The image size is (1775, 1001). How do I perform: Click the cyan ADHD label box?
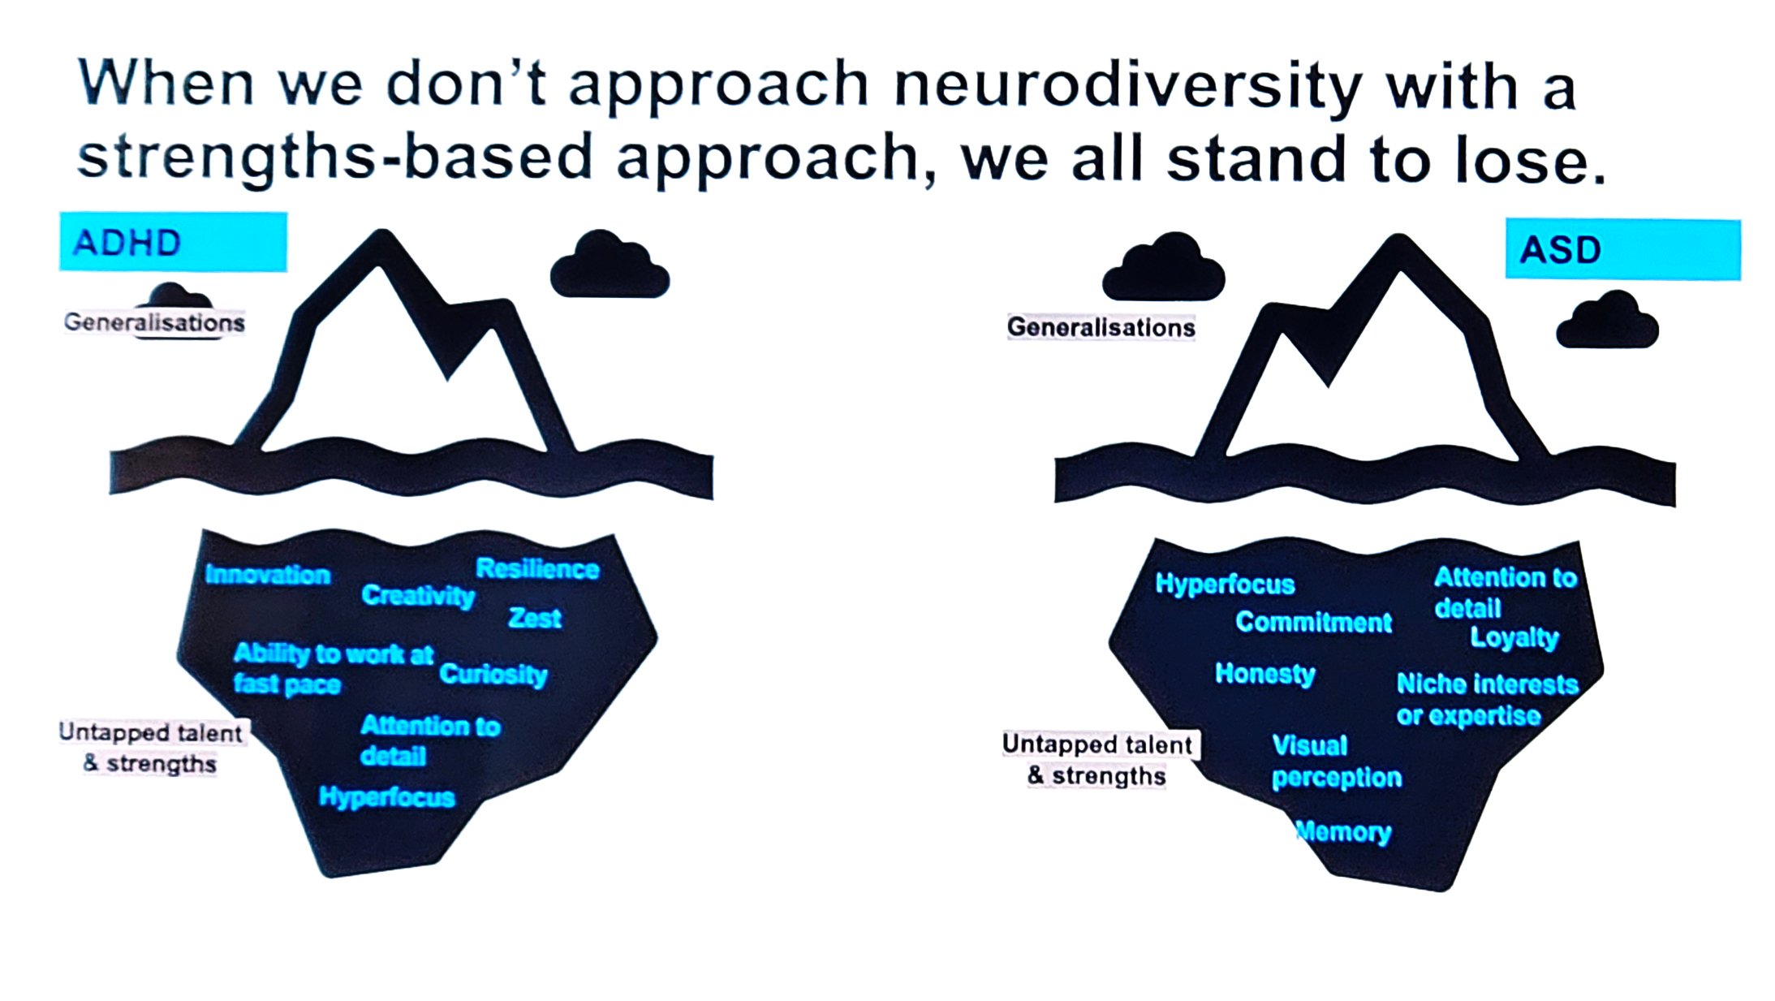tap(173, 242)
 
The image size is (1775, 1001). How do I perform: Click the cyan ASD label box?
tap(1622, 249)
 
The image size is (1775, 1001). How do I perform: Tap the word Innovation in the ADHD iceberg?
tap(267, 575)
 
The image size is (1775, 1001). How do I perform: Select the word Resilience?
tap(537, 568)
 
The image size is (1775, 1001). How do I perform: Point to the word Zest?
tap(534, 618)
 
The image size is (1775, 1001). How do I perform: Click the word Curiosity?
tap(493, 674)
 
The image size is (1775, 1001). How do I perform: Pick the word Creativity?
tap(417, 595)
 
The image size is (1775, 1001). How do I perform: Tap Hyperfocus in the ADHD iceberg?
tap(386, 796)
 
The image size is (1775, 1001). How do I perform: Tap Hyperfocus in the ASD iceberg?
tap(1224, 584)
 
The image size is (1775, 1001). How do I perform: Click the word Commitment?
tap(1312, 622)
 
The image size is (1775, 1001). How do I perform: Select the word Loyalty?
tap(1514, 637)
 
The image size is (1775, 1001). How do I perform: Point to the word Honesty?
tap(1264, 673)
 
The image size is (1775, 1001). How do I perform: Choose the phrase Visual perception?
tap(1335, 762)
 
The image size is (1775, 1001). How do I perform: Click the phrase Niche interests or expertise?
tap(1485, 699)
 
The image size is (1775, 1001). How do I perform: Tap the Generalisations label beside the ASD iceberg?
tap(1101, 327)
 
